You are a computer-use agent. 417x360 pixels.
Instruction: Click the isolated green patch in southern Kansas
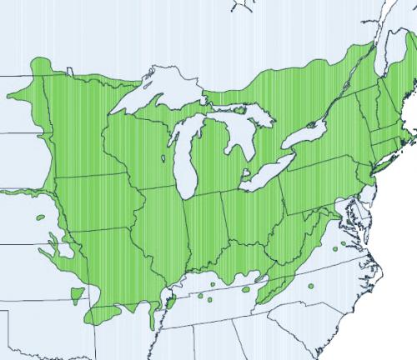(x=77, y=294)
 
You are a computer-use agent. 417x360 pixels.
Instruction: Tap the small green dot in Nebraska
(x=41, y=218)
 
